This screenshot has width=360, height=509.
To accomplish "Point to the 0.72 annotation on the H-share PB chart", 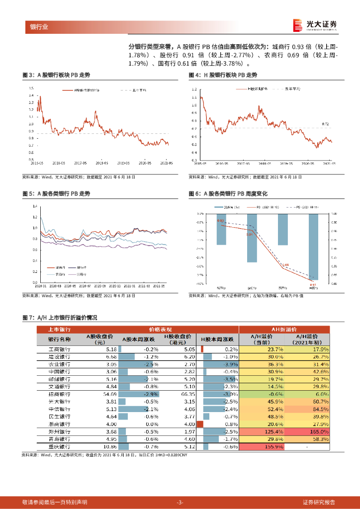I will tap(326, 124).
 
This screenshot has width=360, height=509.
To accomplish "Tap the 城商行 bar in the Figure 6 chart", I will tap(221, 229).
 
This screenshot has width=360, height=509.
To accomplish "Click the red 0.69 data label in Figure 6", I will tap(285, 265).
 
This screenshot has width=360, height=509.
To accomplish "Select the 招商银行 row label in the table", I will tap(59, 394).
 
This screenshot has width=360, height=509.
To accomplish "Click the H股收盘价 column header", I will tap(178, 339).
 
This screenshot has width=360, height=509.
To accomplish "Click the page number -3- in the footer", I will tap(180, 502).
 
